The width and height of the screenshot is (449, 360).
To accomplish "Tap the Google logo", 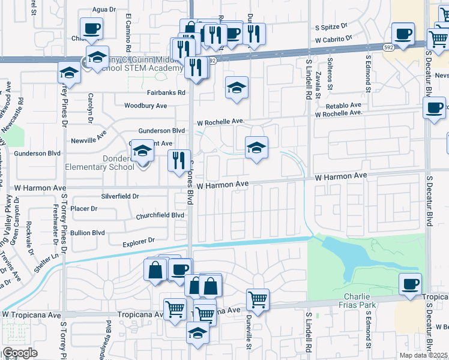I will tap(19, 353).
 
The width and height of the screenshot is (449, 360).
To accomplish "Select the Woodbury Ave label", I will tap(145, 106).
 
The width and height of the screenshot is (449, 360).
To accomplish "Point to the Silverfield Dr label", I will tap(121, 196).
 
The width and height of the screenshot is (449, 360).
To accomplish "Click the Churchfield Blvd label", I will tap(160, 215).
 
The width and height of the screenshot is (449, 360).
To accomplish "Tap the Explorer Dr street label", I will tap(139, 241).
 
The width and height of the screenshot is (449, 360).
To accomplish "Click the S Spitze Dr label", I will tap(332, 27).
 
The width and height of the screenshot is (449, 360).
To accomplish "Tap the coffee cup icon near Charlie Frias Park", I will tap(411, 284).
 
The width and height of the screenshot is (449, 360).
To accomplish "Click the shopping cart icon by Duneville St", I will tap(258, 299).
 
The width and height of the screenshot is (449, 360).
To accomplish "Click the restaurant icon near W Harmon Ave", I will tap(179, 161).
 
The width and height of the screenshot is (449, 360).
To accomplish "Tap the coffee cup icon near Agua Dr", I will tap(91, 28).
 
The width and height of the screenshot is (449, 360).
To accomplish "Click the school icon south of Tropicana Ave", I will tap(197, 332).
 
